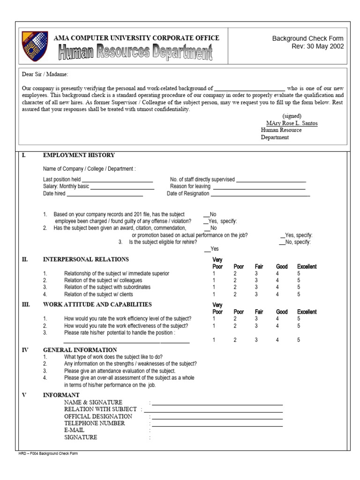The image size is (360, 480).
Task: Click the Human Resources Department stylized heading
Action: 135,52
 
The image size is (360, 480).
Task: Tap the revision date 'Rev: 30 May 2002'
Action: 317,46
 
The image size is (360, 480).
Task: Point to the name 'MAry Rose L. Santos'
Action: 292,123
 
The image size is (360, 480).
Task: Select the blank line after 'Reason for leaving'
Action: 259,187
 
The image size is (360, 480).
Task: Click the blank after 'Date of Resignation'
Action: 261,195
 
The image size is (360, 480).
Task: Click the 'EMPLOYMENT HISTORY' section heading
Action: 79,155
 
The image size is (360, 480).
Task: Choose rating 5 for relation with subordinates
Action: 299,287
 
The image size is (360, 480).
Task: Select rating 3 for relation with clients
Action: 256,294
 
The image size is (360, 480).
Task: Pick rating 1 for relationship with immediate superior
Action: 214,273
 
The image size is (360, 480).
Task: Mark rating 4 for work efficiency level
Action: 277,319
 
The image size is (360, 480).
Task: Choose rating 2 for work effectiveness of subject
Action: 235,326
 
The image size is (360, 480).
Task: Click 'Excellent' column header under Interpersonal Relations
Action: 307,267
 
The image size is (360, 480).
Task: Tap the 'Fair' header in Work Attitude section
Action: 259,312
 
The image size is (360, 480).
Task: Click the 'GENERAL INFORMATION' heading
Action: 80,350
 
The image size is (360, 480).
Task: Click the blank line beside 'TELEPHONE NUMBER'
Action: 217,425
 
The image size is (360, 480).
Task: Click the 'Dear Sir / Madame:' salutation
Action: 45,74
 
